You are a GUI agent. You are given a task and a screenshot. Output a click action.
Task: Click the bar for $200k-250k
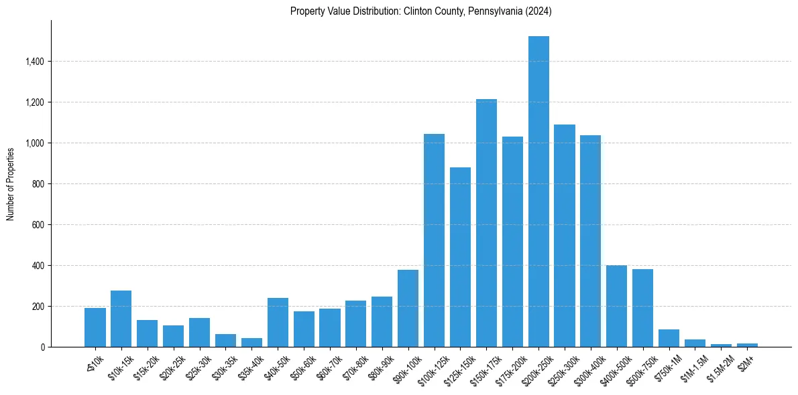(x=538, y=191)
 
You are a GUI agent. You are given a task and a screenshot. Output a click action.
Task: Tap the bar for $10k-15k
(x=121, y=319)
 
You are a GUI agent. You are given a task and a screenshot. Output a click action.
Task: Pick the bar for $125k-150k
(x=460, y=257)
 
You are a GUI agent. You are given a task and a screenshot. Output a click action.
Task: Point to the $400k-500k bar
(x=616, y=306)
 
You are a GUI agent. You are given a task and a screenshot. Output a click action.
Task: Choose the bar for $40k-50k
(x=278, y=322)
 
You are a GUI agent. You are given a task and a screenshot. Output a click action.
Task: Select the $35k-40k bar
(x=251, y=342)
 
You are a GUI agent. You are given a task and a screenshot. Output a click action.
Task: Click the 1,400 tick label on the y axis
(x=34, y=62)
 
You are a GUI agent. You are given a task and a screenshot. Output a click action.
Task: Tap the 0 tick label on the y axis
(x=42, y=347)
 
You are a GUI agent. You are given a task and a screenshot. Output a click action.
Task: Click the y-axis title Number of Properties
(x=11, y=183)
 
